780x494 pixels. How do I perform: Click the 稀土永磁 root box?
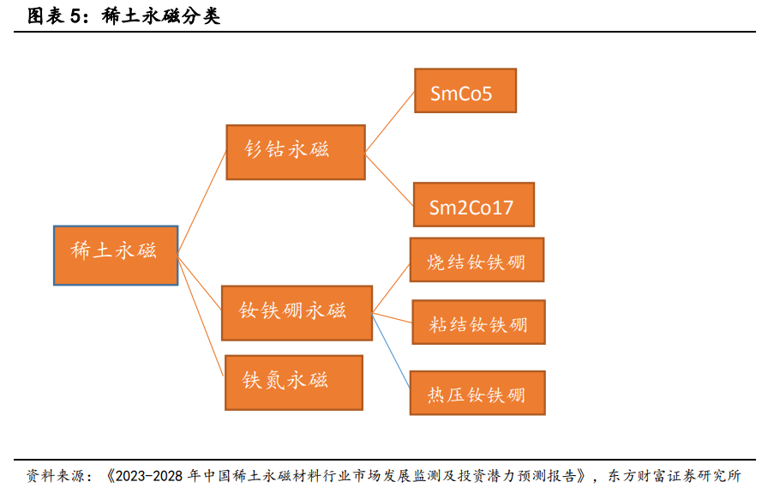[x=115, y=255]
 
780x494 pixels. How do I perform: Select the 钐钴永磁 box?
[x=296, y=152]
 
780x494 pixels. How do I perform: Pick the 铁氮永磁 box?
[x=293, y=383]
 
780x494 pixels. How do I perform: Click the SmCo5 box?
[x=465, y=91]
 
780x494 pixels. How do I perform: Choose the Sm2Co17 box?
[x=473, y=205]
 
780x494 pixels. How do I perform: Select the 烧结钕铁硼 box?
[x=477, y=260]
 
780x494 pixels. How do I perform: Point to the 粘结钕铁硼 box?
[x=478, y=322]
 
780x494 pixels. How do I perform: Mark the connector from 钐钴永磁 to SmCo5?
[x=390, y=121]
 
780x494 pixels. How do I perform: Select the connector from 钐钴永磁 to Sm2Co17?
[x=389, y=178]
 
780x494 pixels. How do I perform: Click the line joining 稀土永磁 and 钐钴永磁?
[x=202, y=202]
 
